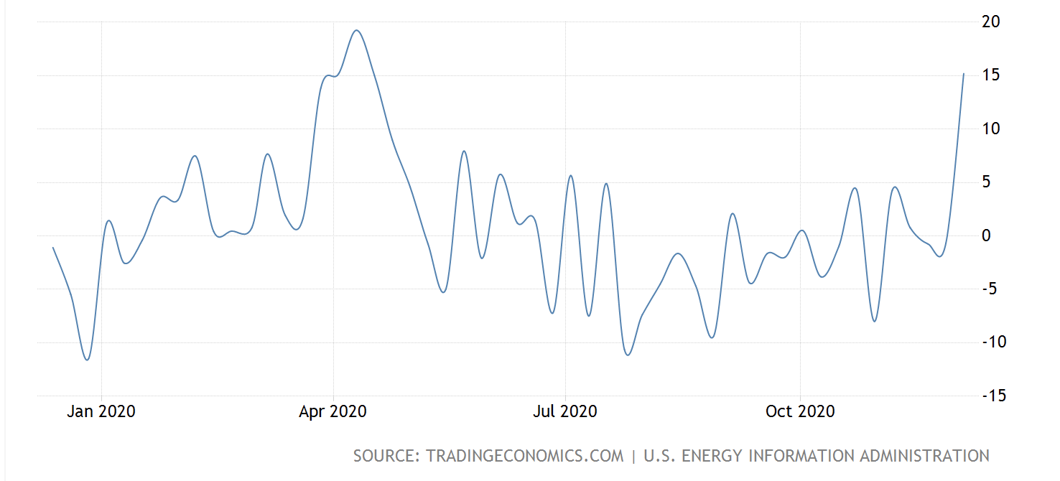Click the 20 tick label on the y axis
(x=990, y=22)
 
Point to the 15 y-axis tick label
(x=990, y=75)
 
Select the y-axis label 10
(x=990, y=129)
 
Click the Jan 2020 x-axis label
(x=101, y=411)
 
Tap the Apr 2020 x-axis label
(x=333, y=411)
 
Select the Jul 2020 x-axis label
(x=566, y=411)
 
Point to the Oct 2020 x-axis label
(x=800, y=411)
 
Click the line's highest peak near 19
(x=357, y=30)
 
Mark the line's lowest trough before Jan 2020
(x=88, y=360)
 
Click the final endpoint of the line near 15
(x=964, y=74)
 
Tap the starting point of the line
(x=53, y=248)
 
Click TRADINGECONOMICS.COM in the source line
(x=524, y=456)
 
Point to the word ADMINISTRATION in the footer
(x=925, y=456)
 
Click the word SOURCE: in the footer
(x=386, y=456)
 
